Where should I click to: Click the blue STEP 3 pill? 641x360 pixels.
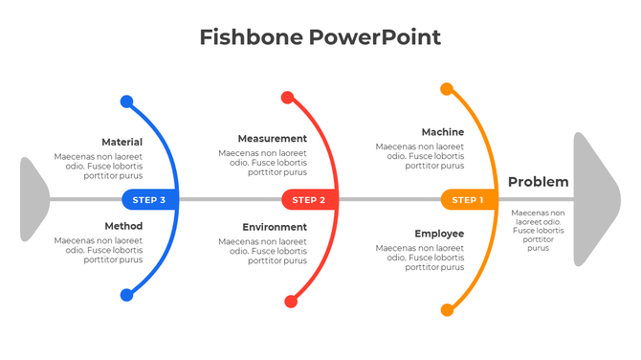click(148, 200)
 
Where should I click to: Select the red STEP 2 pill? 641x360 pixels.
click(308, 200)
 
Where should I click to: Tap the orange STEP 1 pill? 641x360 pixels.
click(467, 200)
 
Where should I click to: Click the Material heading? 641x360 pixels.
click(122, 143)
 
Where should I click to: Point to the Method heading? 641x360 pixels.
click(123, 226)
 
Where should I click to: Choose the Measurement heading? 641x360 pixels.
click(273, 139)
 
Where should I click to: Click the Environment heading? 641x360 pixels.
click(275, 227)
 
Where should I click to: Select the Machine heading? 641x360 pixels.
click(443, 132)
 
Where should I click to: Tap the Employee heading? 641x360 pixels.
click(440, 234)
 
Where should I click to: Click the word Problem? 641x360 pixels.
click(538, 182)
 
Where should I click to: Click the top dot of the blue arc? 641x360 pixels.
click(127, 101)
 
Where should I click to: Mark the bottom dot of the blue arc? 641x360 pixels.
click(127, 295)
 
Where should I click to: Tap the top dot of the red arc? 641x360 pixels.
click(287, 97)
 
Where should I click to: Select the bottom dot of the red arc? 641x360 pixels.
click(291, 302)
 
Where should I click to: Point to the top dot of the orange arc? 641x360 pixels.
click(447, 89)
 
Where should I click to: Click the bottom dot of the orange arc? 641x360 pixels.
click(447, 310)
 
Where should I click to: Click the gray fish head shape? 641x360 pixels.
click(595, 199)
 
